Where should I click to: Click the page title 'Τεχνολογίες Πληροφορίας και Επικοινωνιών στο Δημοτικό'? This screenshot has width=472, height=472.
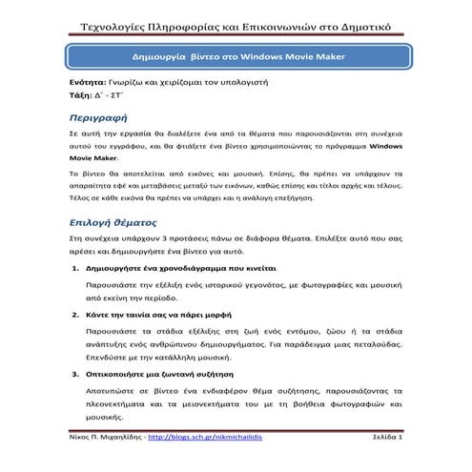(x=236, y=22)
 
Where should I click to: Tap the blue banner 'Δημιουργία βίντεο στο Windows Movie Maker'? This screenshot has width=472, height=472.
(x=236, y=58)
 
